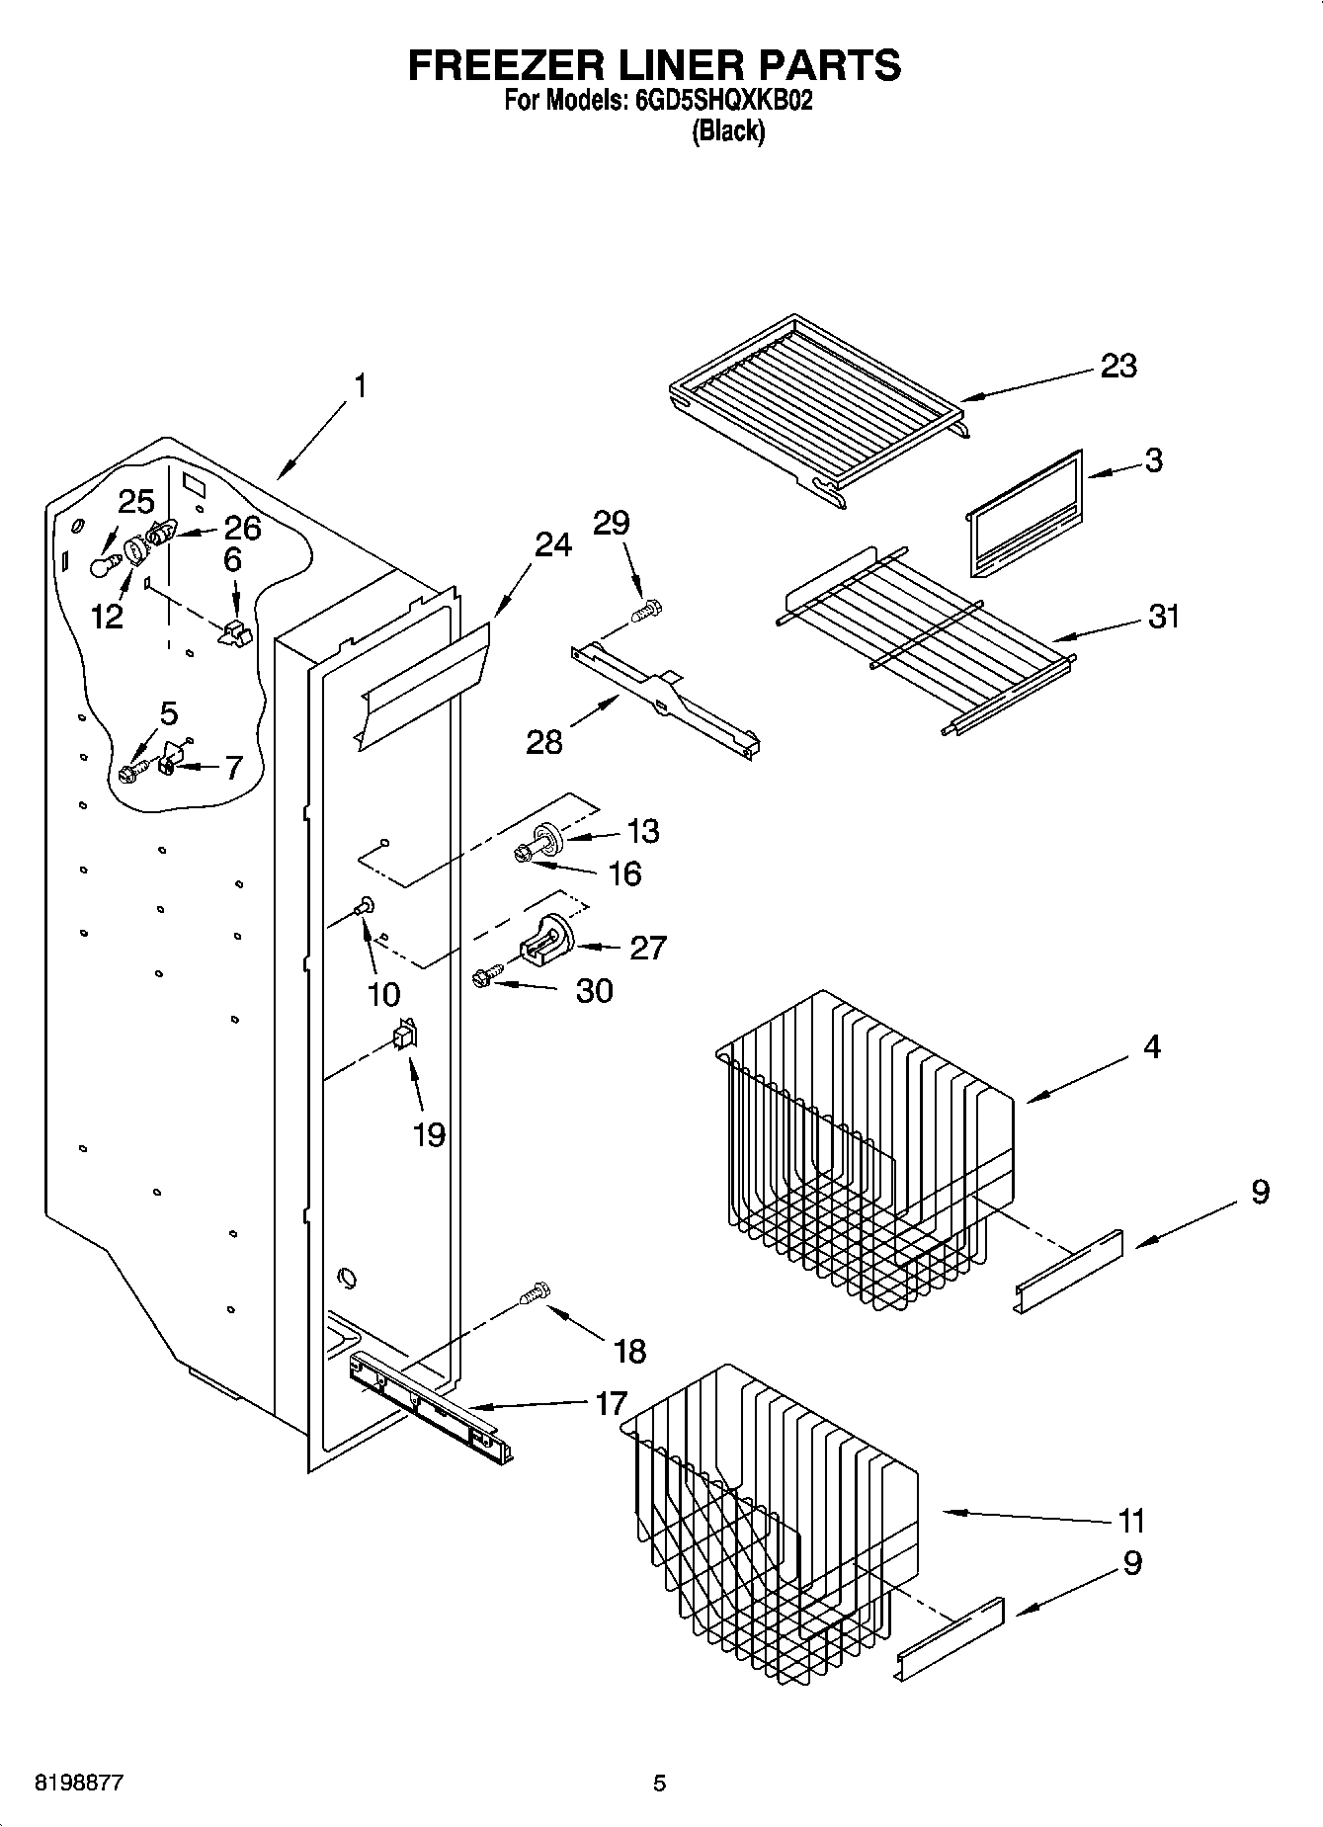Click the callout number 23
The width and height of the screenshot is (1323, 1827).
(x=1118, y=366)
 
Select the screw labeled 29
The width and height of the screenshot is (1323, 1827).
(x=648, y=611)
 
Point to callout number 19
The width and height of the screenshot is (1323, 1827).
(x=429, y=1134)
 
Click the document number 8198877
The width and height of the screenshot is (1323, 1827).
(x=79, y=1784)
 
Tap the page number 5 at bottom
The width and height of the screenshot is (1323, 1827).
(x=659, y=1784)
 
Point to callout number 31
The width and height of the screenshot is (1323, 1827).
(x=1164, y=617)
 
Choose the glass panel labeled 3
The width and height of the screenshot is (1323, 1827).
(x=1023, y=515)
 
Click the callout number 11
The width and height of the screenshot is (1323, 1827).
(x=1131, y=1520)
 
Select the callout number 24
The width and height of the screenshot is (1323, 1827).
(x=553, y=544)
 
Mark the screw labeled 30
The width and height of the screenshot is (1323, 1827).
(x=485, y=978)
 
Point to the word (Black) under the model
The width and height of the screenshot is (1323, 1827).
(x=728, y=130)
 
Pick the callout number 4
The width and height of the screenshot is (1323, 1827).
(x=1152, y=1046)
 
